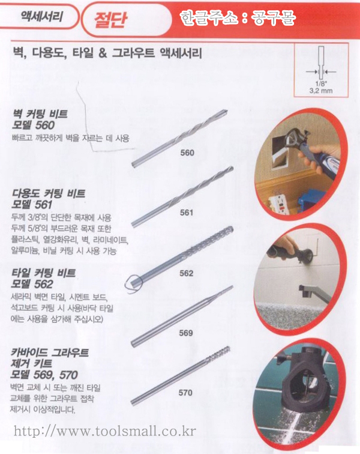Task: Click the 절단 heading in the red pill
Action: (110, 20)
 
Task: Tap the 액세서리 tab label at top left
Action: (41, 16)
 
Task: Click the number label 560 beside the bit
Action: (187, 153)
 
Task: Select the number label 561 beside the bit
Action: (187, 213)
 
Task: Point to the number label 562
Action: (187, 273)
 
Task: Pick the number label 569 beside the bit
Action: (186, 333)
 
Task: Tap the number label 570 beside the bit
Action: (185, 393)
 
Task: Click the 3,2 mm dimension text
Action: (321, 91)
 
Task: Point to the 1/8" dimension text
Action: (320, 83)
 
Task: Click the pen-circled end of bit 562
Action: (134, 282)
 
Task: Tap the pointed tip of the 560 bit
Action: (227, 110)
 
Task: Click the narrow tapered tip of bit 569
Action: (232, 287)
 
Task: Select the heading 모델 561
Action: (32, 205)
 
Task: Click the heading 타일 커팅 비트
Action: (43, 273)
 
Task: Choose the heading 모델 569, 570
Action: (44, 375)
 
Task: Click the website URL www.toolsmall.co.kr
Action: (105, 431)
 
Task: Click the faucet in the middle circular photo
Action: (314, 292)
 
